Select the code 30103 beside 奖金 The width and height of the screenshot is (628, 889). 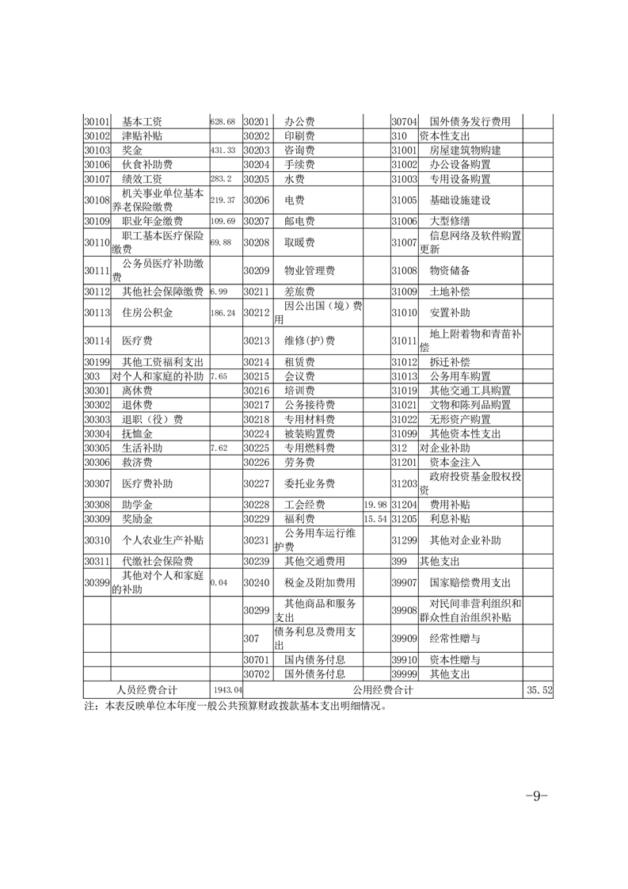pyautogui.click(x=96, y=150)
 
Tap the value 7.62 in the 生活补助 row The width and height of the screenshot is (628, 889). pyautogui.click(x=219, y=448)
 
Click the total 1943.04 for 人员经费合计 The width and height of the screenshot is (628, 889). pyautogui.click(x=226, y=691)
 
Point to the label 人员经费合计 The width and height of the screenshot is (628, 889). pyautogui.click(x=147, y=691)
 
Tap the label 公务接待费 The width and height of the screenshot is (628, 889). pyautogui.click(x=310, y=405)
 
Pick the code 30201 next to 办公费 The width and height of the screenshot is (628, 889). pyautogui.click(x=257, y=122)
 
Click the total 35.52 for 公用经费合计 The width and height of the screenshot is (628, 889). pyautogui.click(x=538, y=691)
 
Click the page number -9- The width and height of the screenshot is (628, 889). pyautogui.click(x=537, y=796)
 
